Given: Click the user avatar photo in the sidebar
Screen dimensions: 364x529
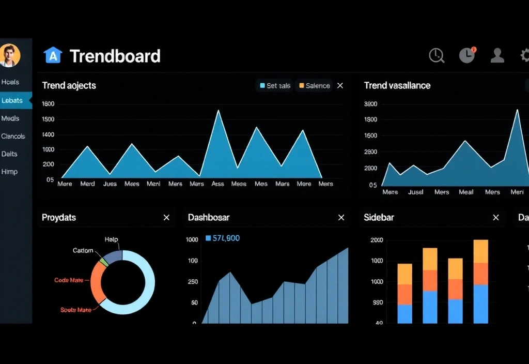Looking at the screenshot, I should tap(10, 55).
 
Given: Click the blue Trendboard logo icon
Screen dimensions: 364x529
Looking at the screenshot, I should tap(53, 55).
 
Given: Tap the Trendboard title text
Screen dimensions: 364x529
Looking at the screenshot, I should tap(115, 56).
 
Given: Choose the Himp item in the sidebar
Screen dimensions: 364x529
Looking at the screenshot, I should tap(9, 172).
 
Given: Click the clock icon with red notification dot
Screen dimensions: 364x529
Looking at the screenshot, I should tap(467, 55).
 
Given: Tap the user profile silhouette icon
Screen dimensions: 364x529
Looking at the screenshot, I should tap(497, 55).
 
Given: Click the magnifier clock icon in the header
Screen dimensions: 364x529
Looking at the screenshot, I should tap(437, 55).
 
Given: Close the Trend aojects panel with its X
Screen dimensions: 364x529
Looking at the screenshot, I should tap(340, 86).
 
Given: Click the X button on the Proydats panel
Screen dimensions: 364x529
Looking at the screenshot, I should tap(166, 218).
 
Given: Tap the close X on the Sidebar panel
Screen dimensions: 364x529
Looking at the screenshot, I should tap(496, 218).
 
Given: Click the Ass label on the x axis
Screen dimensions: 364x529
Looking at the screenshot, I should tap(217, 184).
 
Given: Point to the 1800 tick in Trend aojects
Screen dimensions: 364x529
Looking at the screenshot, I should tap(48, 104).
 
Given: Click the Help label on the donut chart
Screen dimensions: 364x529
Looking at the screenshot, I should tap(111, 239).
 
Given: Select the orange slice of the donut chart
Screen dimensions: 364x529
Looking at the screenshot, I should tap(96, 282).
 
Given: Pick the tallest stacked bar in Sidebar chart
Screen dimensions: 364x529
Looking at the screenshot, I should tap(480, 281).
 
